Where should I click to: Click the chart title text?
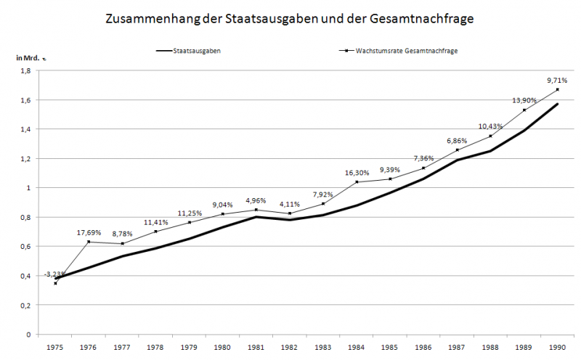click(x=289, y=20)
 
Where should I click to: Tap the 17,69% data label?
click(x=90, y=232)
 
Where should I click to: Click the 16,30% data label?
click(x=357, y=173)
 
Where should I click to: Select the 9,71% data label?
click(x=556, y=80)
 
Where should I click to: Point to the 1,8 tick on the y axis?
click(x=25, y=70)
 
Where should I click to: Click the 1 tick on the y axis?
click(x=28, y=188)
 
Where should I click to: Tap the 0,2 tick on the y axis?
click(x=25, y=306)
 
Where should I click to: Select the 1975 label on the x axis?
click(x=56, y=348)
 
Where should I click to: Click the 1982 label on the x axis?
click(x=290, y=348)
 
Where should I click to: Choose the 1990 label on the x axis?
click(x=557, y=348)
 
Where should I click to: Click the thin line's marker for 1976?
click(x=89, y=242)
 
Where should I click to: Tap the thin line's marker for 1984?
click(x=357, y=181)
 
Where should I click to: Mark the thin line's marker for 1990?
click(x=557, y=89)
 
